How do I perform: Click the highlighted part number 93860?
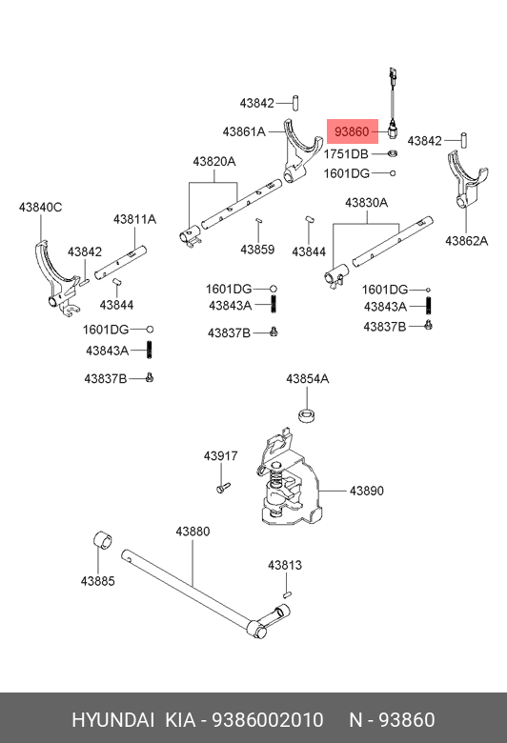click(352, 131)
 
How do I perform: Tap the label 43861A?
click(244, 131)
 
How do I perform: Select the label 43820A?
click(213, 162)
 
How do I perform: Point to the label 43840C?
click(40, 207)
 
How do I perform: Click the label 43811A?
click(134, 219)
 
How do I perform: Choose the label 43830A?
click(367, 203)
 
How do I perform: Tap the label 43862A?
click(467, 241)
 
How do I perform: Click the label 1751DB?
click(346, 154)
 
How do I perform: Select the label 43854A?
click(307, 379)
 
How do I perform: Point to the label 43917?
click(220, 456)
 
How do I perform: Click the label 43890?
click(367, 491)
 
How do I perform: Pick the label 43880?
click(193, 532)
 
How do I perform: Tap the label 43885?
click(98, 581)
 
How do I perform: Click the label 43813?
click(285, 565)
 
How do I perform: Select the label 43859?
click(257, 250)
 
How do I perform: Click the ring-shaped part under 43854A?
click(308, 413)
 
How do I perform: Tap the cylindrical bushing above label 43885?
click(103, 541)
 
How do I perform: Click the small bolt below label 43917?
click(223, 487)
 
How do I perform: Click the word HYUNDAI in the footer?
click(113, 720)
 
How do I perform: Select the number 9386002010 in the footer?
click(267, 720)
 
